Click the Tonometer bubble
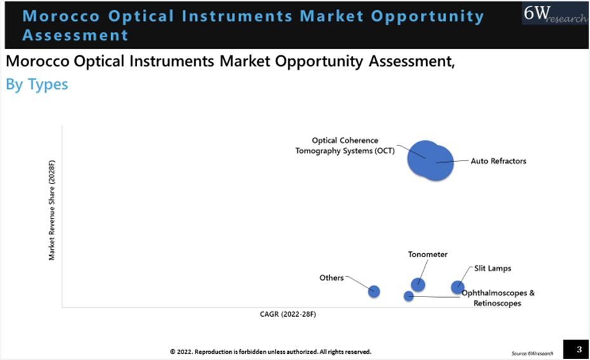click(418, 284)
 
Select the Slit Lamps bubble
click(457, 288)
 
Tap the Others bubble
click(374, 291)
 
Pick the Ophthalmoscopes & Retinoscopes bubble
click(408, 296)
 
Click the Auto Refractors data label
click(499, 161)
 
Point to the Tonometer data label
click(427, 255)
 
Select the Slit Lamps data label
click(492, 269)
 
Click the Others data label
click(332, 278)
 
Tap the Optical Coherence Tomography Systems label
click(344, 145)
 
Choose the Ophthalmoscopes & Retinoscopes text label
click(498, 298)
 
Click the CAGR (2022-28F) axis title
click(288, 314)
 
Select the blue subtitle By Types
click(37, 84)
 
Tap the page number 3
click(578, 349)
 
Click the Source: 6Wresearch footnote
click(532, 353)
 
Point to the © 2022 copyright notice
click(270, 351)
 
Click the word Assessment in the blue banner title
click(75, 34)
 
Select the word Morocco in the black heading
click(37, 62)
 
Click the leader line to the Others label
click(357, 284)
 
